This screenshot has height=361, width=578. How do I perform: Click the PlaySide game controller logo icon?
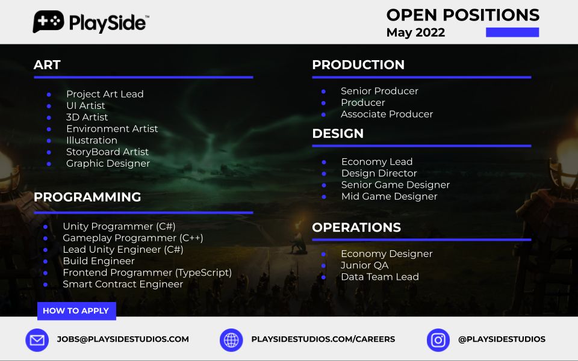[48, 22]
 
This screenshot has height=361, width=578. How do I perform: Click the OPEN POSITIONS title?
[462, 15]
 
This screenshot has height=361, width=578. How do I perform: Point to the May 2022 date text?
[415, 32]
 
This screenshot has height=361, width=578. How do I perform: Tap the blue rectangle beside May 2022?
[512, 32]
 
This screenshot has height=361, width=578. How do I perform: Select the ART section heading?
[47, 65]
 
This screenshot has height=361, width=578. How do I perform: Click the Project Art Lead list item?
[105, 94]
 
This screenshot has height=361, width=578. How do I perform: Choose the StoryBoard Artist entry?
[107, 152]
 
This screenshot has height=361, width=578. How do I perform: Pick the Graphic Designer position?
[108, 163]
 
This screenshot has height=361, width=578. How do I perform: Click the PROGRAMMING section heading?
[87, 197]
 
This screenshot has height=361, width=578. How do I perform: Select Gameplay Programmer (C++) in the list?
[132, 238]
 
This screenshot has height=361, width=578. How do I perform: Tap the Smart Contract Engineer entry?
[123, 283]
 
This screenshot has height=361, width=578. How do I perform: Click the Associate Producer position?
[387, 114]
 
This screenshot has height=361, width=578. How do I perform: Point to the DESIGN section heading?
[338, 134]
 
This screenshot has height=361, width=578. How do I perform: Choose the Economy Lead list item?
[377, 161]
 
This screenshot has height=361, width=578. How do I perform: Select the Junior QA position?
[364, 265]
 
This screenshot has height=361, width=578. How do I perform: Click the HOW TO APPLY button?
[76, 310]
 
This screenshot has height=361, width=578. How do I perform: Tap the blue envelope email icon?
[37, 340]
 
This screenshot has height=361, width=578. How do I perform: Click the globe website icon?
[231, 340]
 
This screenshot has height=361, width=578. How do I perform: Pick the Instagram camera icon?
[438, 340]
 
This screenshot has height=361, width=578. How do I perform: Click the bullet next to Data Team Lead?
[323, 277]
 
